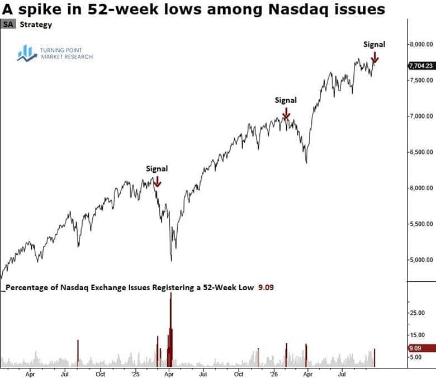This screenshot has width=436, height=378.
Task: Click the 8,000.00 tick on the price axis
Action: coord(421,45)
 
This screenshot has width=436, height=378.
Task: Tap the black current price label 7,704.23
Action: coord(421,66)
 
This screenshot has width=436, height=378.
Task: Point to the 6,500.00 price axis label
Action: coord(421,152)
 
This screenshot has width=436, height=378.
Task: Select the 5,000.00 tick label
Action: coord(421,260)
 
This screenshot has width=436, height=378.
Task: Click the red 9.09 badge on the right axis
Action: coord(421,348)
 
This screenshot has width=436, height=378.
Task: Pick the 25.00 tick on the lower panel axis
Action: coord(418,313)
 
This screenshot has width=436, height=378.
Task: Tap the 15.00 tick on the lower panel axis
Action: coord(418,335)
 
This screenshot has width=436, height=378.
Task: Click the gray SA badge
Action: coord(8,25)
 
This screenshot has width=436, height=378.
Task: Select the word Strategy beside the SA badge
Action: coord(36,25)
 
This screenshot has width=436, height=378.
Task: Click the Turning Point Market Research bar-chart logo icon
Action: coord(27,53)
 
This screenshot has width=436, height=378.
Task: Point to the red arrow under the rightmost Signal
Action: coord(375,57)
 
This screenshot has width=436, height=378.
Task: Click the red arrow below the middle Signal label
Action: coord(286,113)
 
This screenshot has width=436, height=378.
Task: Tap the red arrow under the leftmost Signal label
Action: coord(158,181)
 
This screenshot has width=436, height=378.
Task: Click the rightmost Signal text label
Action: coord(375,45)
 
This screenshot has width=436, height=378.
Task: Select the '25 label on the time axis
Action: coord(135,374)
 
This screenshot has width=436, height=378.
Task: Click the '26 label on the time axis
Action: coord(274,374)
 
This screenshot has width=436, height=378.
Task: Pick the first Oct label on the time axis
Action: coord(101,374)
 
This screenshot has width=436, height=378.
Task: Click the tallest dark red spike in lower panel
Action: coord(170,330)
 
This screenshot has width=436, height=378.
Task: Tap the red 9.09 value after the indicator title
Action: coord(266,287)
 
